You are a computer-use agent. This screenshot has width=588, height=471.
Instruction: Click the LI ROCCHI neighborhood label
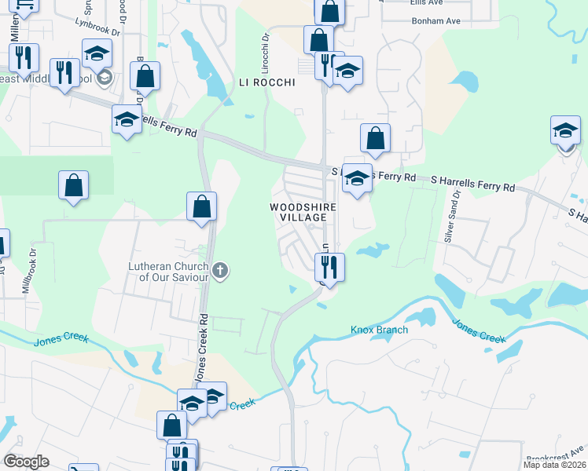266,82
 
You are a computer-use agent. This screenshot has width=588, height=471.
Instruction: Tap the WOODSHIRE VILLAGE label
298,212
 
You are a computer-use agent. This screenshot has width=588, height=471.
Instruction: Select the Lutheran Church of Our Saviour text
169,272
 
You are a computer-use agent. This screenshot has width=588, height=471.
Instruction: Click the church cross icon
221,272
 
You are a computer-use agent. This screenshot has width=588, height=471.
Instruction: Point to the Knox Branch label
379,330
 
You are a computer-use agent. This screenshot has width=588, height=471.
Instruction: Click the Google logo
25,462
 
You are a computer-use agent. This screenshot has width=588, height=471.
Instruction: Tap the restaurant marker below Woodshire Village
329,266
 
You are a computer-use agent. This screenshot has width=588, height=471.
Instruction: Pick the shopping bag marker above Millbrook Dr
73,186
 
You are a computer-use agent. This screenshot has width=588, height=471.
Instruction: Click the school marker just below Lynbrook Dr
97,53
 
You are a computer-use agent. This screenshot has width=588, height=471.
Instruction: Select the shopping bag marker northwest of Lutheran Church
202,207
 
